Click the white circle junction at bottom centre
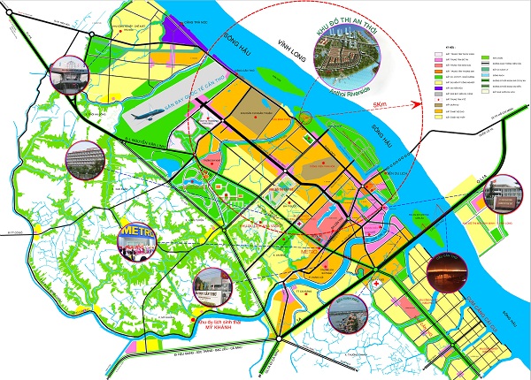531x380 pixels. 279,337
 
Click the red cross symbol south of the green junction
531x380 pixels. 377,287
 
